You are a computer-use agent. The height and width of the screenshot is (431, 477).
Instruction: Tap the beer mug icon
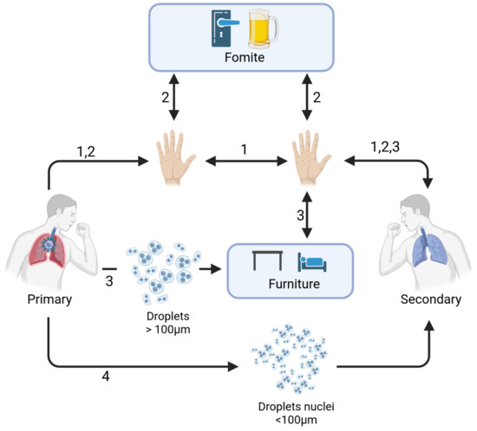click(x=263, y=29)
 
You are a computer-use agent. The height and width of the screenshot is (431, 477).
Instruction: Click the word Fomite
click(x=245, y=57)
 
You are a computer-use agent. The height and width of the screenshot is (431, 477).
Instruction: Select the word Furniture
click(x=294, y=284)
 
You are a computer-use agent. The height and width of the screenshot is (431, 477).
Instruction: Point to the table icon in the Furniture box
click(x=267, y=261)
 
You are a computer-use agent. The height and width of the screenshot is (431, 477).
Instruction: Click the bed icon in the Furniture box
click(x=312, y=262)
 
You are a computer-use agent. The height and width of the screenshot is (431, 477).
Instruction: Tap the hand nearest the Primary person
click(x=175, y=158)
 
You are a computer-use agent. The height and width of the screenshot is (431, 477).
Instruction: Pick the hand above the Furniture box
click(x=310, y=158)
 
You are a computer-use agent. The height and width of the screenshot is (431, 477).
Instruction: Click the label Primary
click(x=49, y=299)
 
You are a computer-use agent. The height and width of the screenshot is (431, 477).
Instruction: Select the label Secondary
click(x=431, y=299)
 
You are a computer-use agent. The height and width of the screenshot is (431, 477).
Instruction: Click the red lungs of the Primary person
click(x=48, y=248)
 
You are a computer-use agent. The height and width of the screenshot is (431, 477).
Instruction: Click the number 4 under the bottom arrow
click(x=106, y=376)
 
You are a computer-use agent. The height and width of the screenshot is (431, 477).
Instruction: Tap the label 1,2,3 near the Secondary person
click(x=385, y=147)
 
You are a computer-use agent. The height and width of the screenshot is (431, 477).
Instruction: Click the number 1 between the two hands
click(x=244, y=150)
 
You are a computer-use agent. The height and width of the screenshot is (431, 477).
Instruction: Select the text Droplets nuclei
click(x=296, y=407)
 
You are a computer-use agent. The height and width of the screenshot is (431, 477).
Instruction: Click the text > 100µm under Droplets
click(x=168, y=330)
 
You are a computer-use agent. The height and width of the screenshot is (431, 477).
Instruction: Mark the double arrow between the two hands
click(x=246, y=161)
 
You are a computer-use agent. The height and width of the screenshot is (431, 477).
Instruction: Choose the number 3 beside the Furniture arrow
click(x=301, y=215)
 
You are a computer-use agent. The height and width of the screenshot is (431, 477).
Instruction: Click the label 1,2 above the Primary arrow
click(x=86, y=151)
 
